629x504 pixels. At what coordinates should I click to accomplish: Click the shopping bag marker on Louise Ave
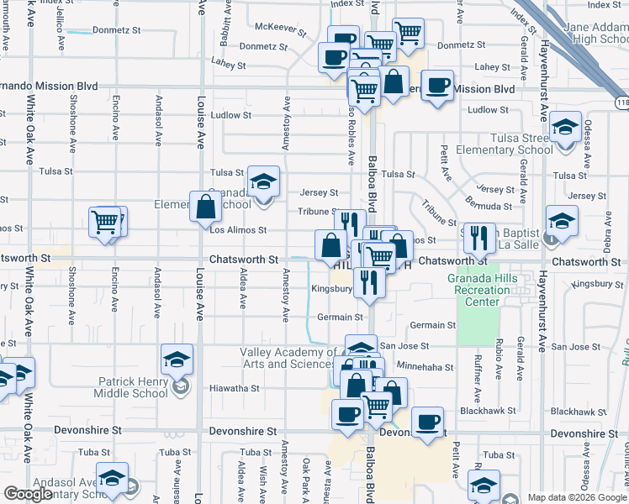[206, 207]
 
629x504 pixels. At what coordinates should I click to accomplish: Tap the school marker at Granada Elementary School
[263, 182]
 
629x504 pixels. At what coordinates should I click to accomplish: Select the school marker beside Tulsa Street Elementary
[566, 128]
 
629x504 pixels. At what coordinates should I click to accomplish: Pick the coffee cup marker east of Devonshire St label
[427, 421]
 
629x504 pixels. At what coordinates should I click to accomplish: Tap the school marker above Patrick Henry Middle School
[177, 360]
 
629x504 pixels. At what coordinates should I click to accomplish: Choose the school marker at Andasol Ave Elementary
[112, 479]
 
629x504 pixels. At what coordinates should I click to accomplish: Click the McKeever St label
[280, 29]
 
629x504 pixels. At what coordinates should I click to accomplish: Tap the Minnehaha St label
[425, 367]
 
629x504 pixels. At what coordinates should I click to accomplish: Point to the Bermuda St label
[489, 206]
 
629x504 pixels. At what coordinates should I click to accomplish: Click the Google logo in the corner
[29, 494]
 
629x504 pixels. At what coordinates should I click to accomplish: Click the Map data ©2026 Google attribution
[578, 497]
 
